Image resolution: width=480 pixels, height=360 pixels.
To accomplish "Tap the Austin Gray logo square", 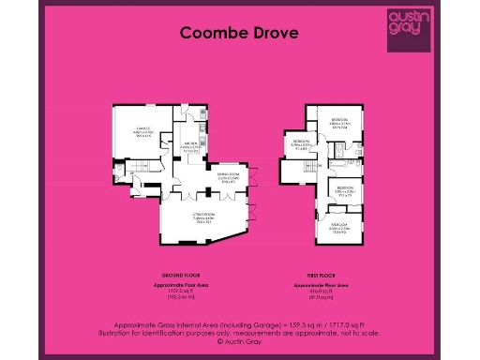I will click(x=408, y=29).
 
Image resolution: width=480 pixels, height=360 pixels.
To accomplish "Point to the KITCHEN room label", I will click(x=189, y=145).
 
